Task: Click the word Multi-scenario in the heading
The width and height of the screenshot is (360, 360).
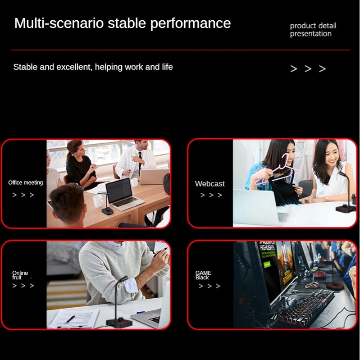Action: coord(59,23)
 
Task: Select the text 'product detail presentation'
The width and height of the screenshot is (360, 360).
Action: coord(313,30)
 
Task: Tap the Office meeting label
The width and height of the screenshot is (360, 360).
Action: coord(26,183)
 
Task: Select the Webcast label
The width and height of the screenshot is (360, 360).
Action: coord(210,184)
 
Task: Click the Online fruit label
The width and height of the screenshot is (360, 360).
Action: coord(20,275)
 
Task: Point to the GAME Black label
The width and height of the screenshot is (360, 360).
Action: coord(203,275)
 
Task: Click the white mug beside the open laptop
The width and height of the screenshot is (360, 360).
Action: coord(98,201)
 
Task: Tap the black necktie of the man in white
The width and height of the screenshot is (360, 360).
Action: coord(140,163)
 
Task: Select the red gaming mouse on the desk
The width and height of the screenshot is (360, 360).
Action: coord(312,285)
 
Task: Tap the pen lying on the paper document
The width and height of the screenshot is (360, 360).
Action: coord(70,319)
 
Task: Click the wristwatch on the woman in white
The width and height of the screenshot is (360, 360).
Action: coord(328,199)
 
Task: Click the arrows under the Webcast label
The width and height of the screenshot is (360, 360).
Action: coord(211,195)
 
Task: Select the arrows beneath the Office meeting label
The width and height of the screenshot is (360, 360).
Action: coord(23,195)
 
